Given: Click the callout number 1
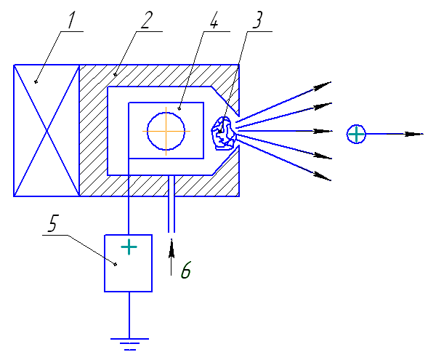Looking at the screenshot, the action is (x=71, y=20).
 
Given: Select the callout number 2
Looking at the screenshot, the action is (x=147, y=20).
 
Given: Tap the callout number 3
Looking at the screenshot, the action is (x=257, y=20).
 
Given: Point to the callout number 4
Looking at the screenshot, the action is (x=214, y=20).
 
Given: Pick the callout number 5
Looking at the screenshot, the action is (x=53, y=223).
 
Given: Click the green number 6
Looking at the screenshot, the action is (x=186, y=270).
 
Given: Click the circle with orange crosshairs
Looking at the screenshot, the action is (x=166, y=132).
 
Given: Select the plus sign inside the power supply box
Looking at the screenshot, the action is (x=129, y=247).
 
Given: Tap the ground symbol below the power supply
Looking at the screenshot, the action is (x=129, y=344).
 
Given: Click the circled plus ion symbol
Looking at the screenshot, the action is (x=356, y=134).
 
